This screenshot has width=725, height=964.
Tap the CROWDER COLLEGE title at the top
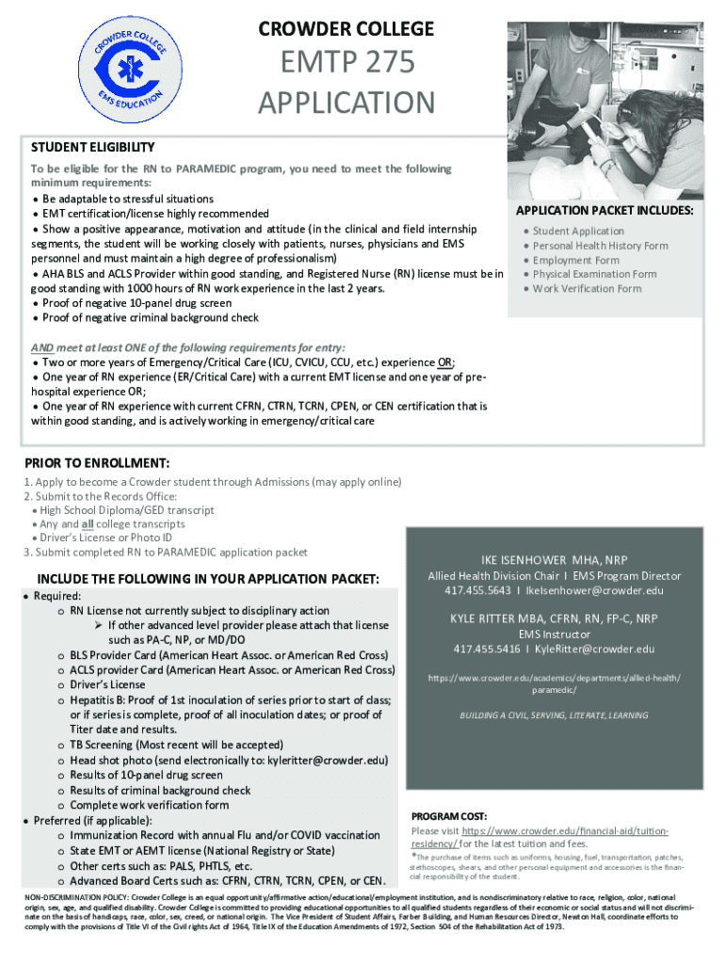pos(346,29)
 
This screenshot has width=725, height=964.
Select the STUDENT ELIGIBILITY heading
pos(92,148)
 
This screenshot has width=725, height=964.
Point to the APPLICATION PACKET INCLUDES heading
pos(604,210)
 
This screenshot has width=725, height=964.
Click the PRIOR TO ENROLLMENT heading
pos(96,463)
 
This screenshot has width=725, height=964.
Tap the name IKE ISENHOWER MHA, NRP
pos(555,559)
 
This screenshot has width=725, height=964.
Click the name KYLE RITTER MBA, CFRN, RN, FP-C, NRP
pos(555,619)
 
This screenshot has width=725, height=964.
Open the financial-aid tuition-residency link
pos(539,838)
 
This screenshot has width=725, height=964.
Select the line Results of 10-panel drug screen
pos(146,775)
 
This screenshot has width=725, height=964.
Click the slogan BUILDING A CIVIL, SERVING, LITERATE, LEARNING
pos(554,715)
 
